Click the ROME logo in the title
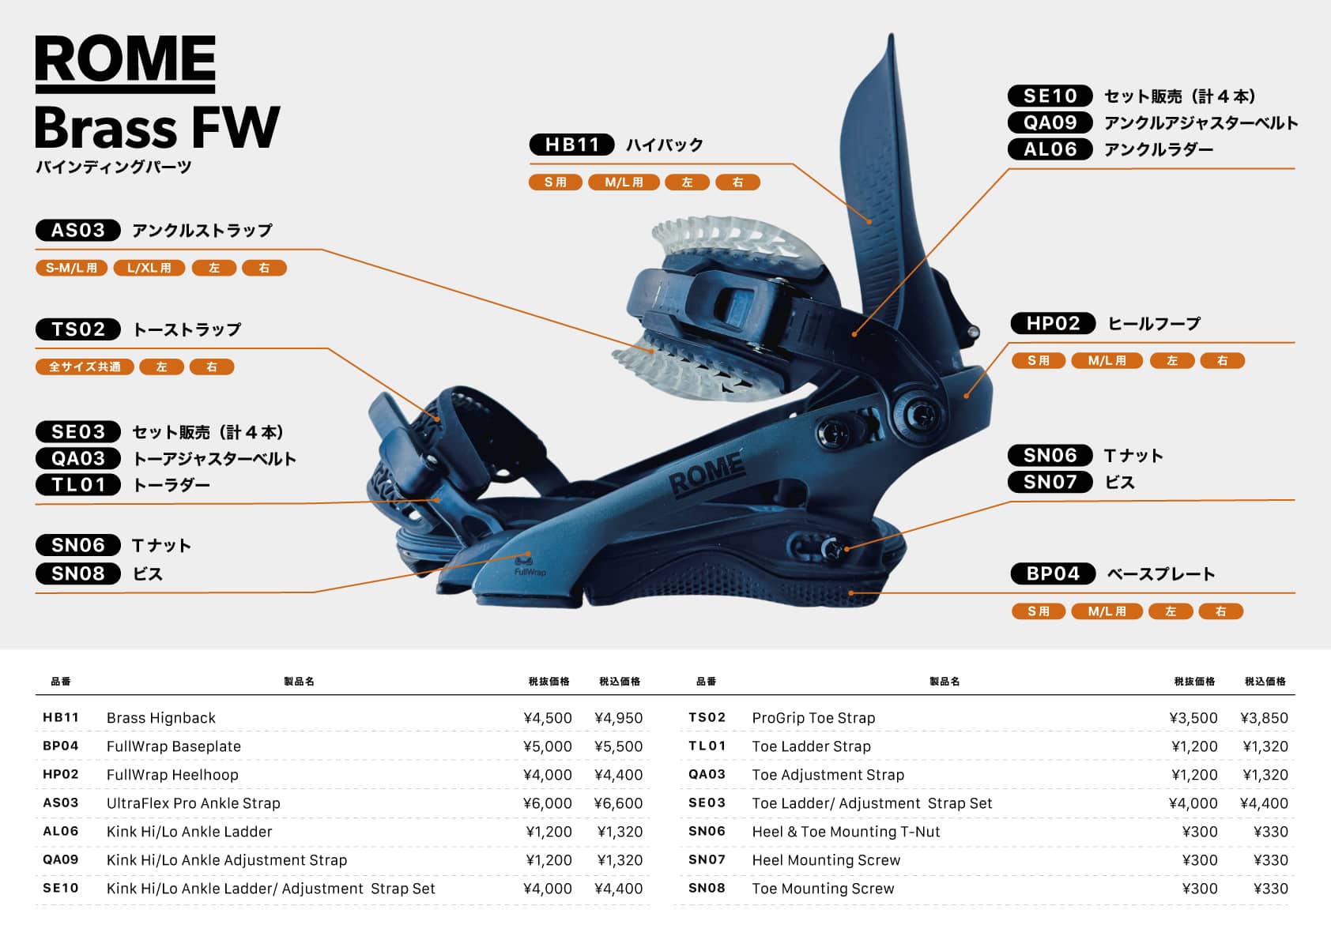(x=125, y=61)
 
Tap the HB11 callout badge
(x=571, y=145)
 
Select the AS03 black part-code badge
(x=77, y=231)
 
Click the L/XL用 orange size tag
(x=149, y=269)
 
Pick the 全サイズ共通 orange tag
(x=85, y=367)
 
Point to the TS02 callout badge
(x=77, y=329)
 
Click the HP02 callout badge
(x=1053, y=324)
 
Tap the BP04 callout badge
(x=1053, y=574)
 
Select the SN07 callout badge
(x=1050, y=483)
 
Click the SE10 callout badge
(x=1050, y=96)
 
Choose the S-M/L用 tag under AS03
(x=71, y=269)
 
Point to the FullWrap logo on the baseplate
(x=529, y=567)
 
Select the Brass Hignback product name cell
(x=161, y=718)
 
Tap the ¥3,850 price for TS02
(x=1264, y=718)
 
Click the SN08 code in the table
(x=707, y=889)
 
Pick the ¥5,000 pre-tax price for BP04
(x=548, y=746)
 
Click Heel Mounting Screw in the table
(x=826, y=860)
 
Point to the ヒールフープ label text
(x=1154, y=324)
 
